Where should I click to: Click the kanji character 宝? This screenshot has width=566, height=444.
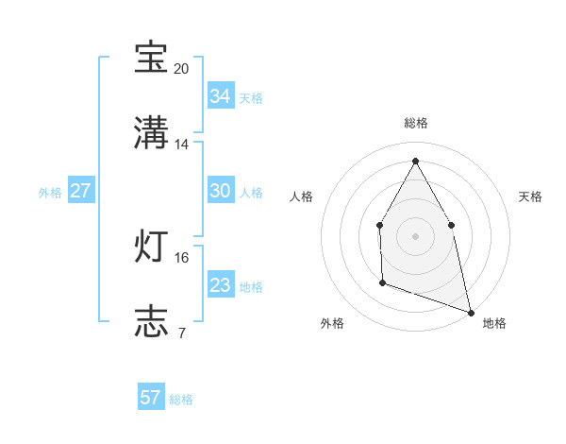[151, 59]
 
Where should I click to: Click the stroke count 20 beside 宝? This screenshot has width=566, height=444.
[182, 69]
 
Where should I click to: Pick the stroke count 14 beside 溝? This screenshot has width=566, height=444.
[182, 145]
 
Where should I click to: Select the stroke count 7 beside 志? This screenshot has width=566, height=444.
[182, 333]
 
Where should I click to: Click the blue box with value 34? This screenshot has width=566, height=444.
[220, 96]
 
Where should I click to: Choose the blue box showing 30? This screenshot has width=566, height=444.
[220, 191]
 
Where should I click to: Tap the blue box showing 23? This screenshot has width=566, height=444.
[220, 285]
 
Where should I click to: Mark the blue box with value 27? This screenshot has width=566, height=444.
[80, 191]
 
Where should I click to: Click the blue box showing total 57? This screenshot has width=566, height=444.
[151, 398]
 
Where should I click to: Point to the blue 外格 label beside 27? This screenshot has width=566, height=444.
[50, 193]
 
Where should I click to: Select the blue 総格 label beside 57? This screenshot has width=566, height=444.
[181, 400]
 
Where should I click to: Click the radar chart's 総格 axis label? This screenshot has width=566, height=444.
[415, 123]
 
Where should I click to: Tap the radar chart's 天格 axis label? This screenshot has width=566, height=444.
[530, 196]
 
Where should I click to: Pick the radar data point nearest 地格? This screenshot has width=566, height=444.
[470, 311]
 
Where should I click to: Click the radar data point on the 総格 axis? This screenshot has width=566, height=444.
[415, 160]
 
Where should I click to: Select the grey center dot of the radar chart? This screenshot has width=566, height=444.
[415, 235]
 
